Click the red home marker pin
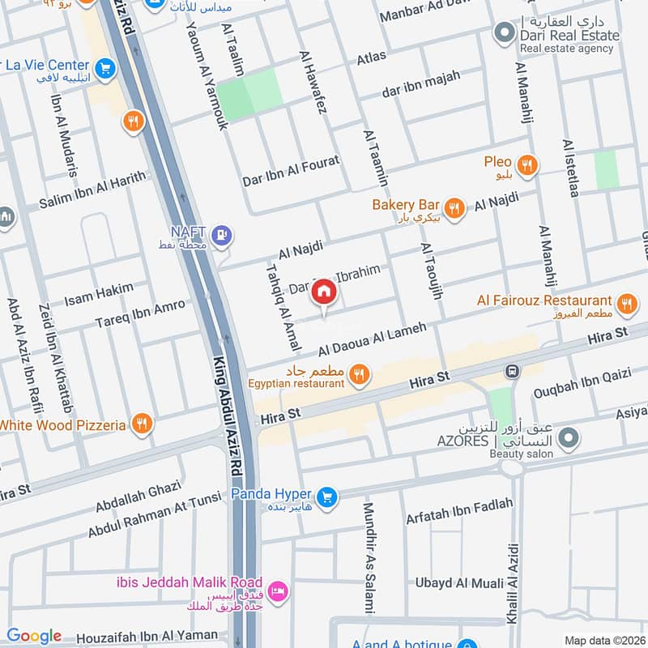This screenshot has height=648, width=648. [x=323, y=292]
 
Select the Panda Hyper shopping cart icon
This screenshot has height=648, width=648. [x=327, y=495]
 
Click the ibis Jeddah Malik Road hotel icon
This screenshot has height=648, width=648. [x=278, y=590]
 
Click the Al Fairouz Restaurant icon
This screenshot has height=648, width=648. [x=625, y=305]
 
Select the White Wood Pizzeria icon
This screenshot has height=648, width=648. [x=142, y=424]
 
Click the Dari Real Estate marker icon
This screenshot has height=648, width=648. [x=505, y=33]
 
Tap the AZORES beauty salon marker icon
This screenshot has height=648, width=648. [x=570, y=438]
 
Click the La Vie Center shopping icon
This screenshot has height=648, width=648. [x=104, y=70]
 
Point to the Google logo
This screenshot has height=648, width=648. [x=33, y=636]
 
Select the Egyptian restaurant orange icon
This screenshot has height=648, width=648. [x=361, y=373]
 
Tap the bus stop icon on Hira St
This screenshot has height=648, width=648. [x=512, y=371]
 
